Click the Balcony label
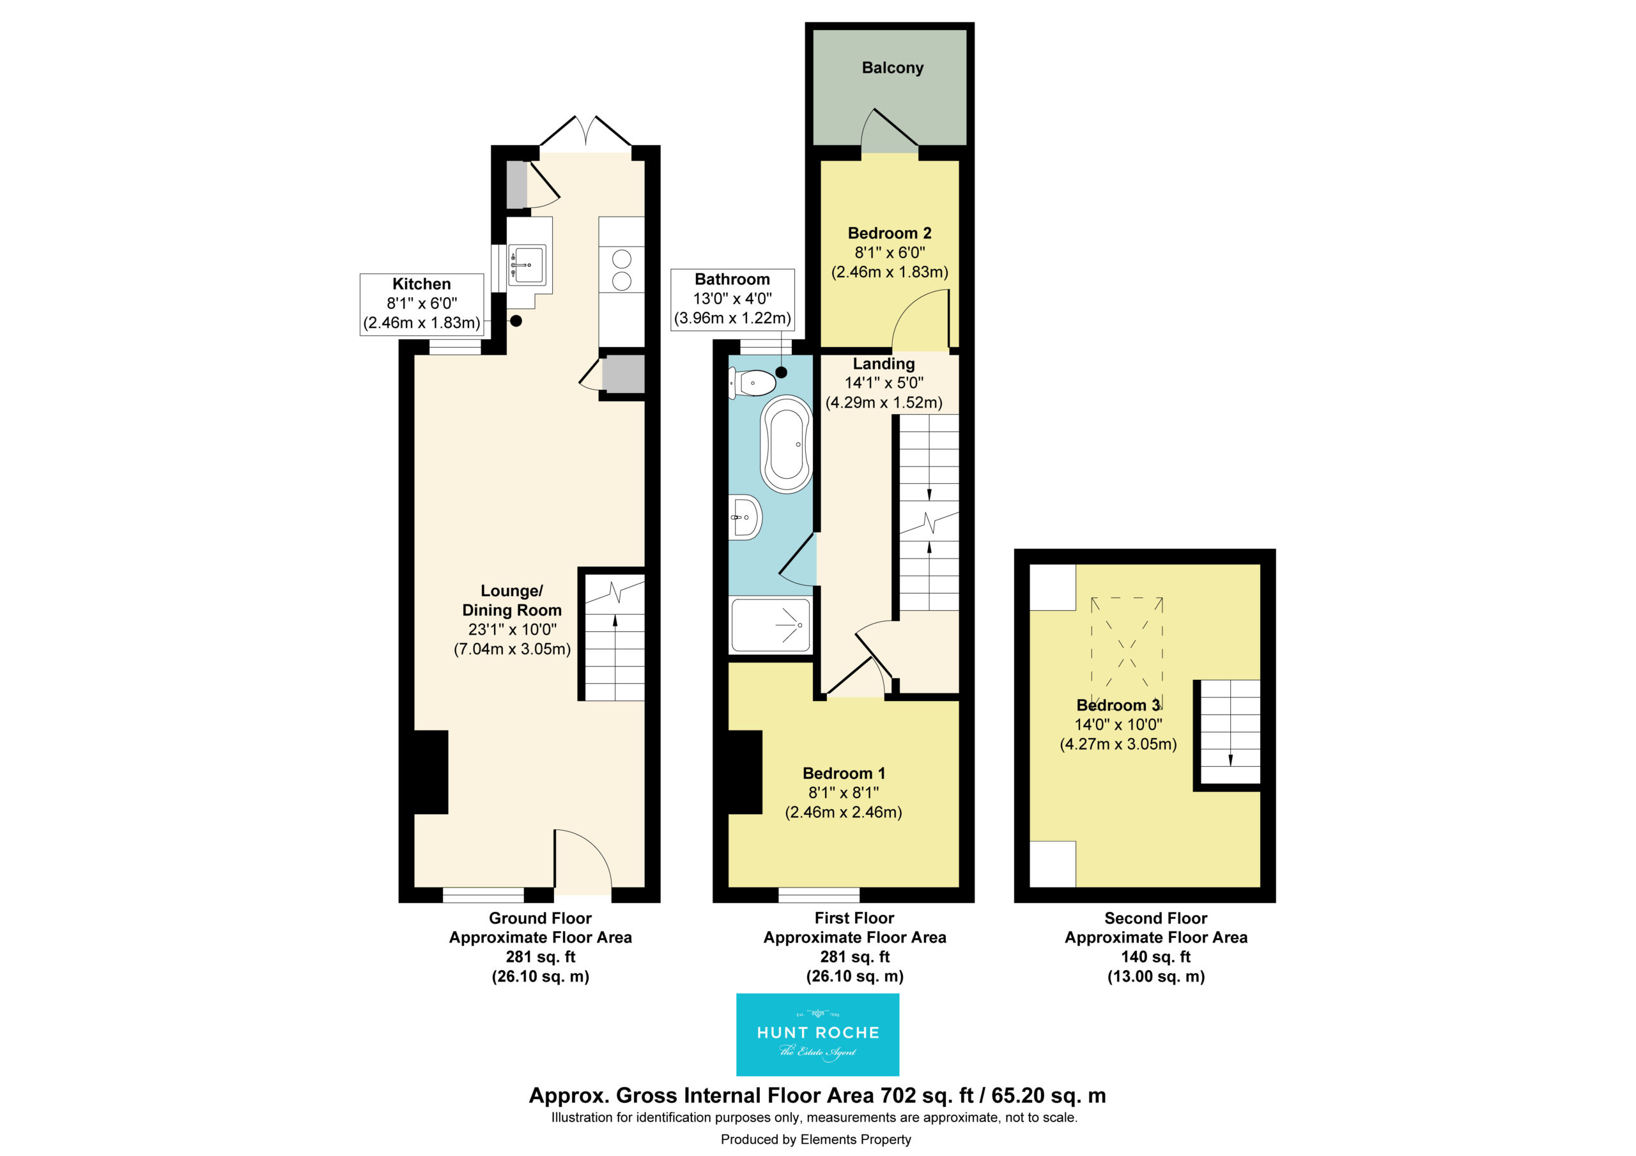892,68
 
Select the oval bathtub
787,443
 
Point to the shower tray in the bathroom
770,625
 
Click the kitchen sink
527,265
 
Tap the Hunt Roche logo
817,1034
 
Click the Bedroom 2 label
889,233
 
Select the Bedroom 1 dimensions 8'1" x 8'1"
844,792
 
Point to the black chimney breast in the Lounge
430,772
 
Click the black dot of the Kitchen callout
516,321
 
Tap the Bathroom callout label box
732,299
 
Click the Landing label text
884,364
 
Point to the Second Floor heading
1156,918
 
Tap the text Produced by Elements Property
816,1139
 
